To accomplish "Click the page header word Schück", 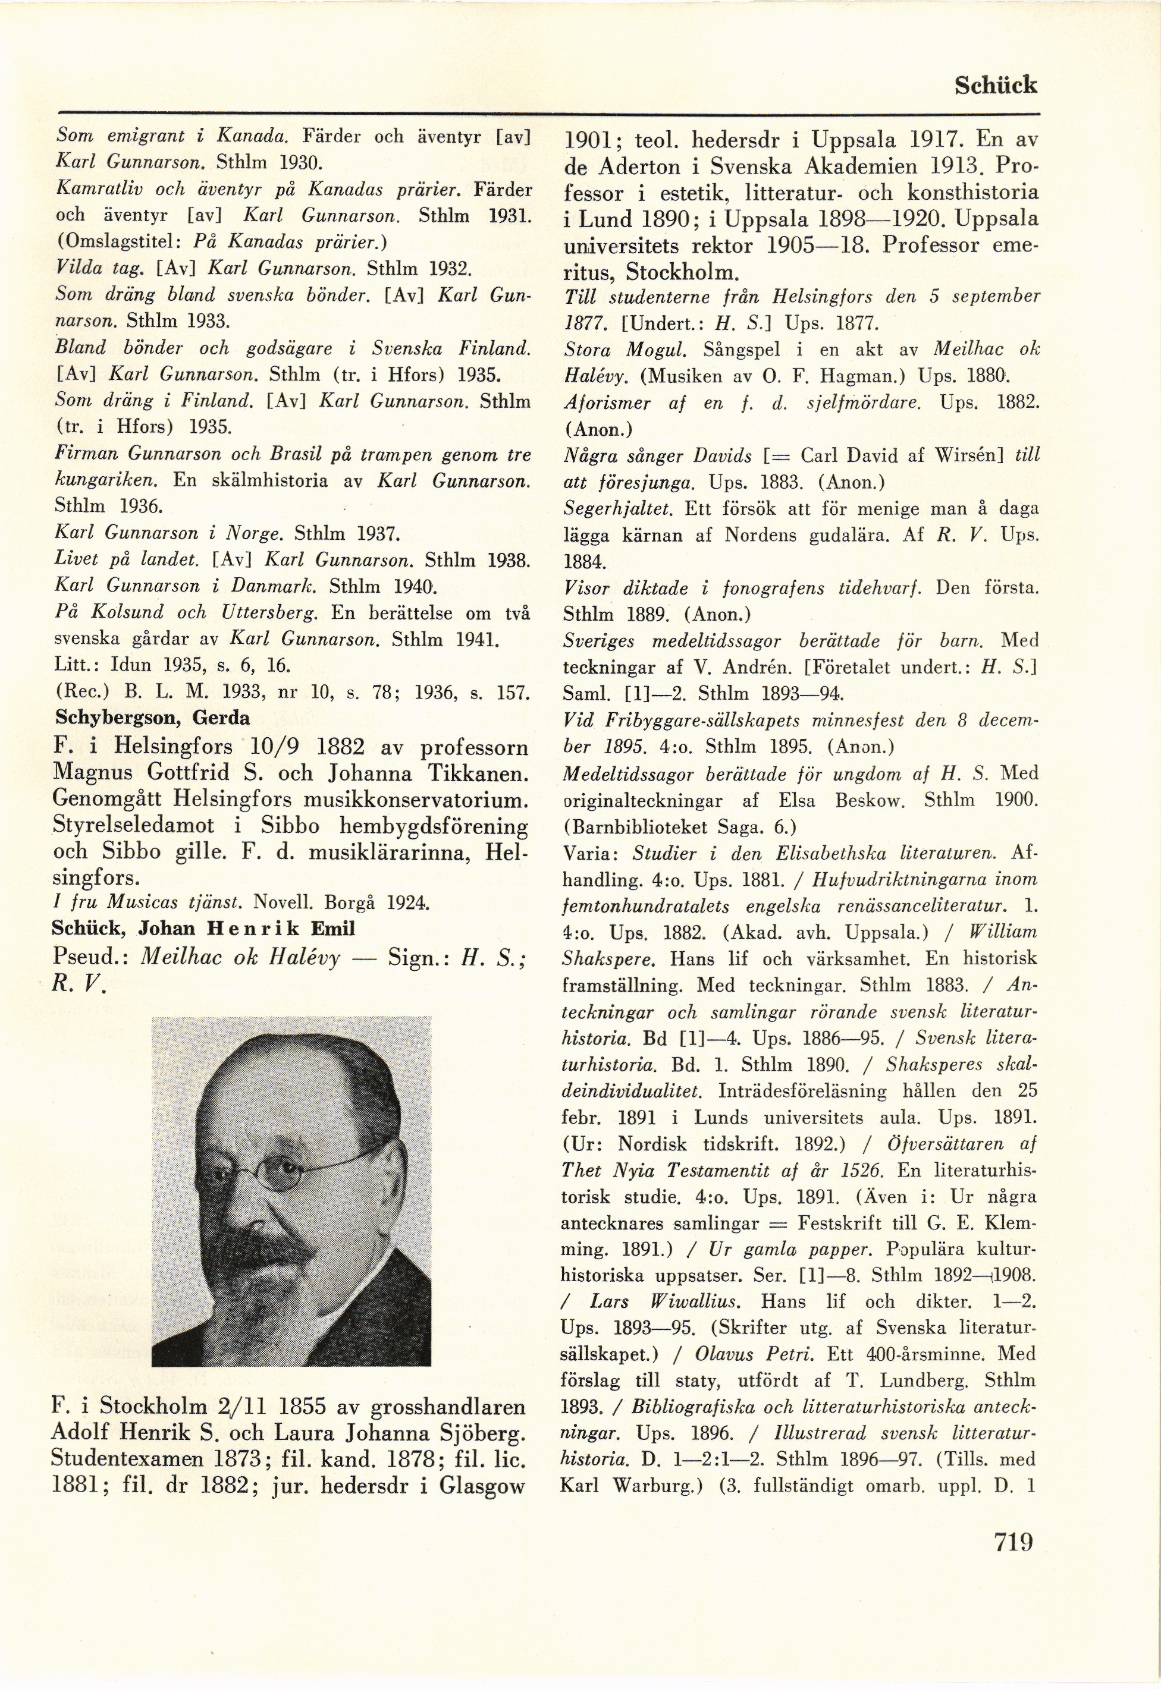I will pyautogui.click(x=994, y=85).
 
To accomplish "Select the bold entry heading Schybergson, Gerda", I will pyautogui.click(x=153, y=718).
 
